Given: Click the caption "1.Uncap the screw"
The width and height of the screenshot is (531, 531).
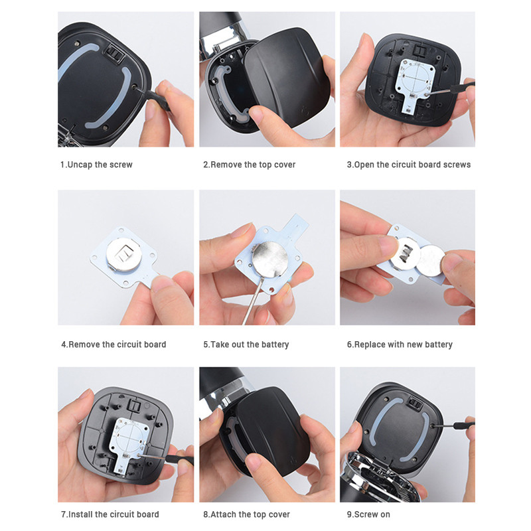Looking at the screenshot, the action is tap(96, 165).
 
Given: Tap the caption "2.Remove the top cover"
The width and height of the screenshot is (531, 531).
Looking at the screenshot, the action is tap(250, 165).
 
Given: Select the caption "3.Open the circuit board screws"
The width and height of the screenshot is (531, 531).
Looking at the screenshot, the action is tap(409, 165).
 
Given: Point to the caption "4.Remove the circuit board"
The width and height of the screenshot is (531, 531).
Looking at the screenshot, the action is tap(114, 344).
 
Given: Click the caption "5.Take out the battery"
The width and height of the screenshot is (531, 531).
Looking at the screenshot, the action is tap(246, 344).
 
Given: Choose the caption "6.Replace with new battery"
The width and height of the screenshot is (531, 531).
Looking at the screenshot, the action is tap(400, 344).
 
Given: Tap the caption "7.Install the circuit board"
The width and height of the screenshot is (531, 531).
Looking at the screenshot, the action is tap(110, 514).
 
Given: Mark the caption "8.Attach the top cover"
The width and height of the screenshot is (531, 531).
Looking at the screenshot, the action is tap(246, 514).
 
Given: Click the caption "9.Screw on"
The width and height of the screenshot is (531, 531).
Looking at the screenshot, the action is tap(368, 514).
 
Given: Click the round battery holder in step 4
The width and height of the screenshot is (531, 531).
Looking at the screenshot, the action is tap(123, 254).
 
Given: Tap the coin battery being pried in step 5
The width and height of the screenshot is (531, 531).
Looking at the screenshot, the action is tap(270, 259).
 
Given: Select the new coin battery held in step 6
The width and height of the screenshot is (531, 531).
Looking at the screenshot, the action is tap(430, 260).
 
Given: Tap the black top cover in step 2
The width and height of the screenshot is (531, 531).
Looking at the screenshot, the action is tap(287, 76).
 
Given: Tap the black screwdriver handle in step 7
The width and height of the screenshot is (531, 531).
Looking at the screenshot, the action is tap(179, 459).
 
